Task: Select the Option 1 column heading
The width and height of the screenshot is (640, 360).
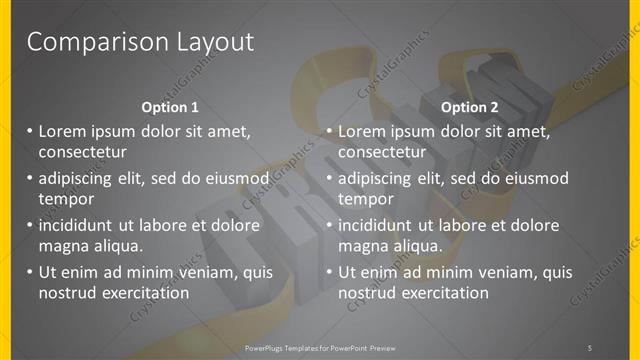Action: (x=172, y=107)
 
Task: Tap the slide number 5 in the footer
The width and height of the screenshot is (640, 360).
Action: (x=590, y=347)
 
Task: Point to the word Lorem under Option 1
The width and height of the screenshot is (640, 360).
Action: (x=63, y=131)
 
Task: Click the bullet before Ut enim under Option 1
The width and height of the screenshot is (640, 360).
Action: (x=29, y=272)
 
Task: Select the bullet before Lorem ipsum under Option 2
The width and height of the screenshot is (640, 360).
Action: (x=329, y=131)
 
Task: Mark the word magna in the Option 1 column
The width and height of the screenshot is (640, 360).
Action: (x=63, y=246)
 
